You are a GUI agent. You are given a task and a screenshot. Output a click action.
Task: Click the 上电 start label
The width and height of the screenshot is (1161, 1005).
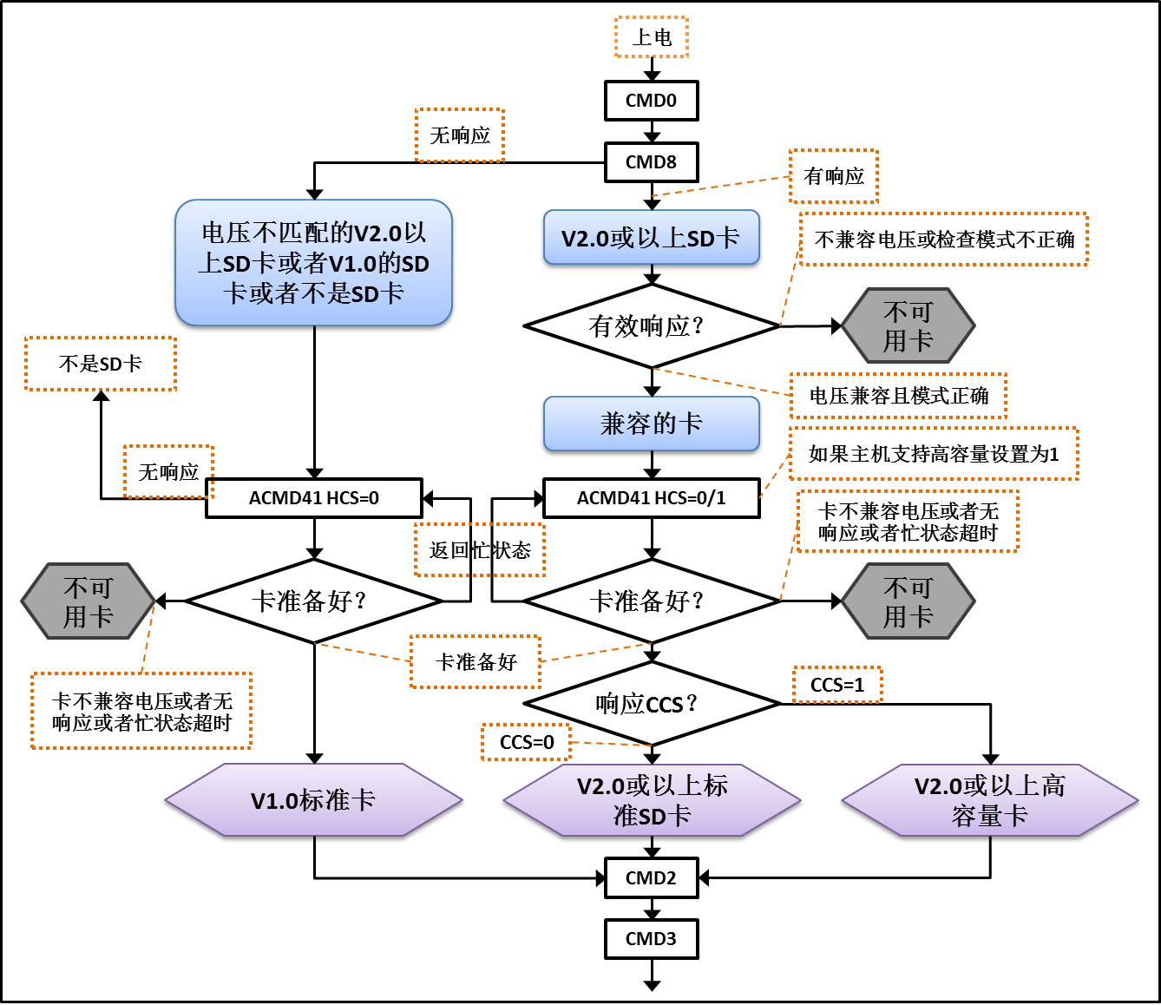click(651, 37)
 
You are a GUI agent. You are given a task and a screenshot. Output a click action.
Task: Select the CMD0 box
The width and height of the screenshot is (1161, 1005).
click(651, 101)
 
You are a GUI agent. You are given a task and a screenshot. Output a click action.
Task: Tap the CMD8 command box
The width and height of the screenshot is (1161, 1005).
click(651, 162)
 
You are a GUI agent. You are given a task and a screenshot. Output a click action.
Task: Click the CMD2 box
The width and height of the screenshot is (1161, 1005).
click(651, 878)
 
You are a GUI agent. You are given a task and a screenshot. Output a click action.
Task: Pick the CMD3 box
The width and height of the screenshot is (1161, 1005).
click(651, 939)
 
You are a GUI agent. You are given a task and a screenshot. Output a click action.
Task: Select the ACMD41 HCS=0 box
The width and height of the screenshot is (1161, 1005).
click(314, 498)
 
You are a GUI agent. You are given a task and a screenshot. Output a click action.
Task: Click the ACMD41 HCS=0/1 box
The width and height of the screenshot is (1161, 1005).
click(651, 498)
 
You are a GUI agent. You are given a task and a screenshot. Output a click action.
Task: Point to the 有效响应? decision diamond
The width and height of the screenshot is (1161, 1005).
click(651, 326)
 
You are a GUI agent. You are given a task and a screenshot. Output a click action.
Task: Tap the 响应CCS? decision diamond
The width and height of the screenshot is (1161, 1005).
click(651, 704)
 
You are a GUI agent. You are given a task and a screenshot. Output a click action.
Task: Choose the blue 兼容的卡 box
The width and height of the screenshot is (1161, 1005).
click(651, 424)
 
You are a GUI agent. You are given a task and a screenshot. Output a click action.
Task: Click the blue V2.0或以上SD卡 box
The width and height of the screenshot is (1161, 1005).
click(651, 238)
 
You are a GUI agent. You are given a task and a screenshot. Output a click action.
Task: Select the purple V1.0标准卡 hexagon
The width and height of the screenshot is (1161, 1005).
click(313, 800)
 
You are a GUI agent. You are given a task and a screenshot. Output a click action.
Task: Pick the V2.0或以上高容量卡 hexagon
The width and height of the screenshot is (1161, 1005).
click(989, 800)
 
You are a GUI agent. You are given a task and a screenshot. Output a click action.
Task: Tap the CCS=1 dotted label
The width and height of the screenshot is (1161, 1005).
click(837, 685)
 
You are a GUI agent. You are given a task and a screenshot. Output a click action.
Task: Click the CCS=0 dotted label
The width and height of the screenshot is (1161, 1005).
click(527, 743)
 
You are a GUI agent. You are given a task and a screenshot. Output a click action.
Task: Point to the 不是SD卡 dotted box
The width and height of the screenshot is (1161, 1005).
click(101, 364)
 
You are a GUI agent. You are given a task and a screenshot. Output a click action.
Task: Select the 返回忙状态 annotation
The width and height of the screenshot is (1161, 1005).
click(479, 550)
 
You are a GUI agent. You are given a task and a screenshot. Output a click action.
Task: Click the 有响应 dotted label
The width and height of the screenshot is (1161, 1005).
click(833, 176)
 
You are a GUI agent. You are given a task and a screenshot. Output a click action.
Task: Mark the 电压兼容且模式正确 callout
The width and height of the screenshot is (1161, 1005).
click(898, 396)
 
